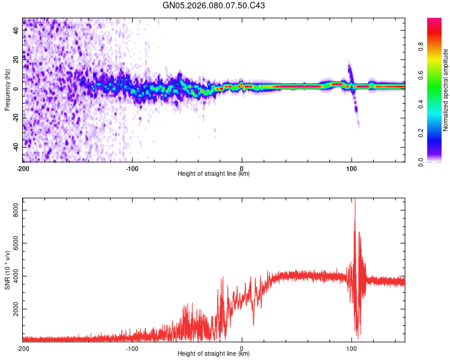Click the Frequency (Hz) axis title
pyautogui.click(x=7, y=90)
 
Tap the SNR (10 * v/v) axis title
pyautogui.click(x=7, y=269)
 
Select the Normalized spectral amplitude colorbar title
pyautogui.click(x=446, y=90)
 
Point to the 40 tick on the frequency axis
pyautogui.click(x=16, y=31)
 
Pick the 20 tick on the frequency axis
pyautogui.click(x=16, y=60)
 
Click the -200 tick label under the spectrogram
pyautogui.click(x=23, y=168)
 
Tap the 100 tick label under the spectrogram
pyautogui.click(x=352, y=168)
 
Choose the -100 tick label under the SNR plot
pyautogui.click(x=132, y=348)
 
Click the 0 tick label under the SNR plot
pyautogui.click(x=242, y=348)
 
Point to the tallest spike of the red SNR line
pyautogui.click(x=355, y=200)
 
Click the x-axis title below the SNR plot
pyautogui.click(x=214, y=354)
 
